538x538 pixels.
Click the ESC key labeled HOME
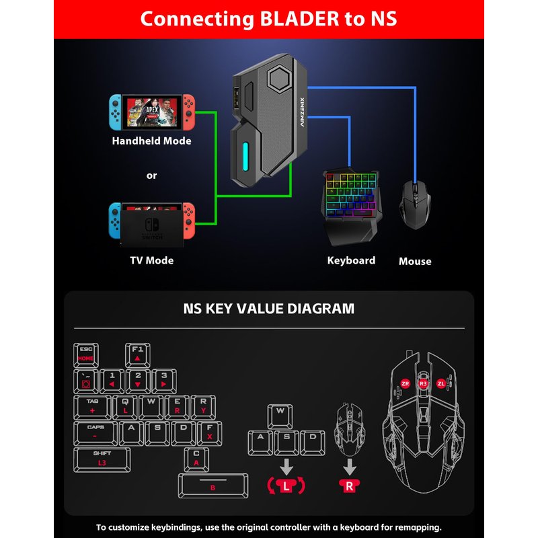(x=85, y=355)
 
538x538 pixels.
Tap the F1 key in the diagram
(x=137, y=355)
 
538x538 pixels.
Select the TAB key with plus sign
(x=91, y=407)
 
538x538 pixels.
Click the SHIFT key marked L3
(x=102, y=459)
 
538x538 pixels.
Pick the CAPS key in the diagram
(x=95, y=433)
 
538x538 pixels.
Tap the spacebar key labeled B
(x=213, y=486)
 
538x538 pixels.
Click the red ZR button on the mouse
(x=405, y=383)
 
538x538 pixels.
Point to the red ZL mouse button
(x=441, y=383)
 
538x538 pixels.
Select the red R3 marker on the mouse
(x=423, y=383)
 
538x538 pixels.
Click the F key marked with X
(x=210, y=433)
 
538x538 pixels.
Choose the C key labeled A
(x=196, y=459)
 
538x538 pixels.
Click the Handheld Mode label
(x=151, y=141)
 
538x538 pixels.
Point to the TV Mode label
(x=151, y=260)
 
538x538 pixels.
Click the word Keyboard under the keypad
(x=351, y=260)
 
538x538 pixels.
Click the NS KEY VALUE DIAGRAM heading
(x=269, y=309)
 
